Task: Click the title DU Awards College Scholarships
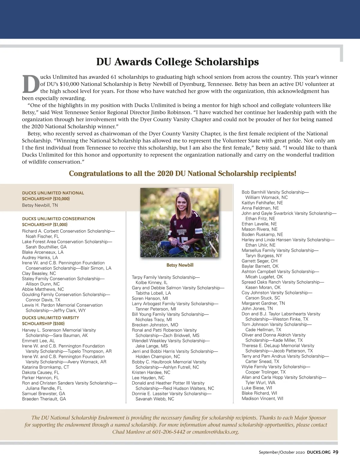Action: coord(177,62)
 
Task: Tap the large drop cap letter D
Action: coord(31,84)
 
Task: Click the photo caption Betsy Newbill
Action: coord(180,265)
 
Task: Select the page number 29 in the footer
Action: coord(335,452)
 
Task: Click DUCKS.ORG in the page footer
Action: coord(319,452)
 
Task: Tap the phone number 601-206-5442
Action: coord(169,432)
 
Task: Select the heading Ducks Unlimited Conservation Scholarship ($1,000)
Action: coord(58,222)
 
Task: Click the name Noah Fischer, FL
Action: coord(42,236)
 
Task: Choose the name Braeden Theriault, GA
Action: coord(44,399)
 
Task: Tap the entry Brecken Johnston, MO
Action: coord(155,325)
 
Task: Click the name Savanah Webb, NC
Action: coord(154,399)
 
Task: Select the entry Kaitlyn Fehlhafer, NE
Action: coord(262,203)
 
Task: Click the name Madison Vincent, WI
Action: coord(262,398)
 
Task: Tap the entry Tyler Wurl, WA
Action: coord(260,383)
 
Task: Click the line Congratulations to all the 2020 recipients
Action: coord(182,174)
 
